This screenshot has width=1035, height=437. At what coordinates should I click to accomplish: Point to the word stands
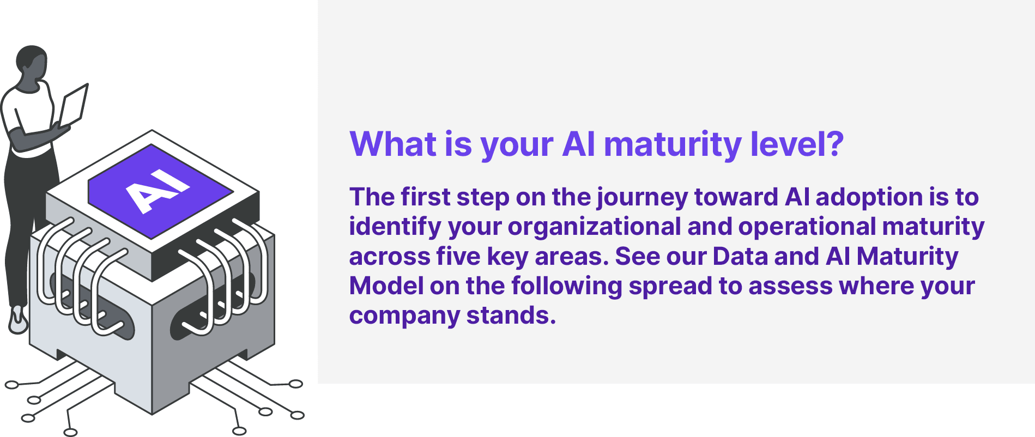[511, 315]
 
